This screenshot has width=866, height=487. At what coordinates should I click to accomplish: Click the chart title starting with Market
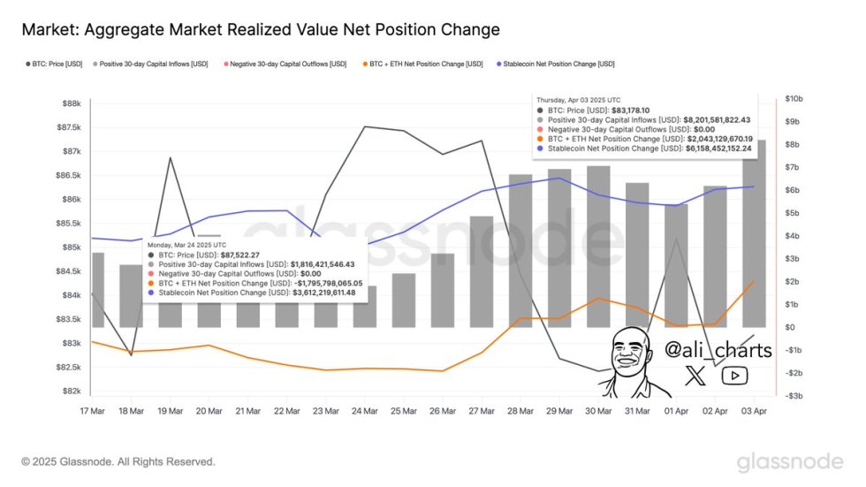(261, 30)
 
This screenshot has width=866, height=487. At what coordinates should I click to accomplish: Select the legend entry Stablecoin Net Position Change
(558, 64)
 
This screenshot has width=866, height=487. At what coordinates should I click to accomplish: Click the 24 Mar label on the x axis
(364, 411)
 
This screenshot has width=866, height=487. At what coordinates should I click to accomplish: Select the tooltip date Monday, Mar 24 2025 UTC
(186, 244)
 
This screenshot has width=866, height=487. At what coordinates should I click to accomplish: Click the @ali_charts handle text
(717, 350)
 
